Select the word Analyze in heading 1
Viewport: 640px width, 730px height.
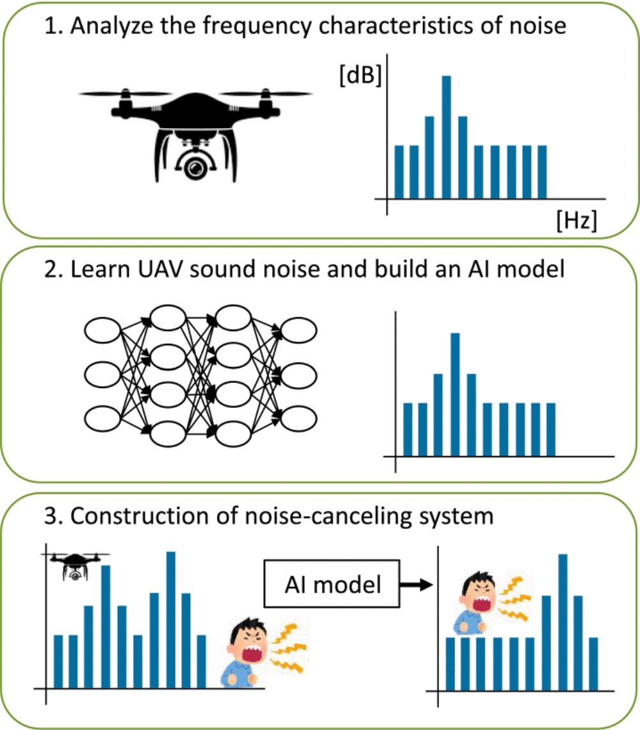coord(103,29)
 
